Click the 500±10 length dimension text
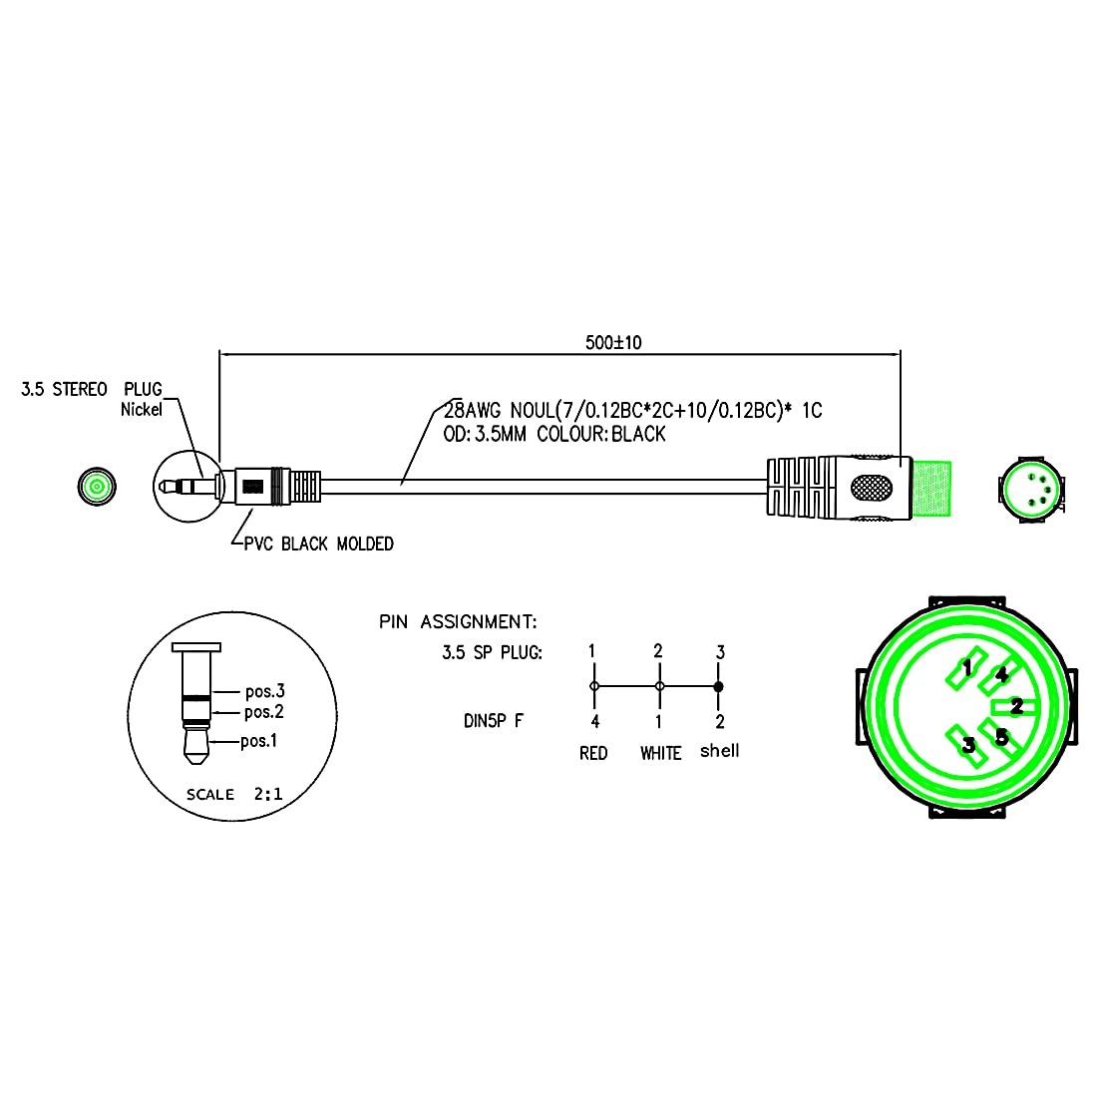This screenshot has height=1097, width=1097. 613,342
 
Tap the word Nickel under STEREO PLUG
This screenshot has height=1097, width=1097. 142,409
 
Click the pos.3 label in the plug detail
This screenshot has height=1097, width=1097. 265,691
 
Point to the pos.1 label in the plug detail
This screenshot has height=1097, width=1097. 260,741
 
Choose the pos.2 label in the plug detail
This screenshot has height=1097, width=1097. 264,712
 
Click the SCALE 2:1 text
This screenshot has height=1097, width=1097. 234,795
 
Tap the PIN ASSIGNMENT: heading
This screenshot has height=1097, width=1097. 458,622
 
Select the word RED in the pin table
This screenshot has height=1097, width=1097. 593,753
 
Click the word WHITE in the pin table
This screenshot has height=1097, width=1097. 660,753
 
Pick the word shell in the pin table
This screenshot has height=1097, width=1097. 719,751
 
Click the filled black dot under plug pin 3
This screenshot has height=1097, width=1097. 718,687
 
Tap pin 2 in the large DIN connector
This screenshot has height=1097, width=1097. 1016,706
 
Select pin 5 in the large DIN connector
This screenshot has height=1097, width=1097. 1001,738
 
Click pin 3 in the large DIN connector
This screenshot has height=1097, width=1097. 966,744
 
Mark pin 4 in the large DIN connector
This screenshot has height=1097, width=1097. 1001,674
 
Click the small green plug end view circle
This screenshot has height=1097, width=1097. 97,487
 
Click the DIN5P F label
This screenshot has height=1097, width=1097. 494,721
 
